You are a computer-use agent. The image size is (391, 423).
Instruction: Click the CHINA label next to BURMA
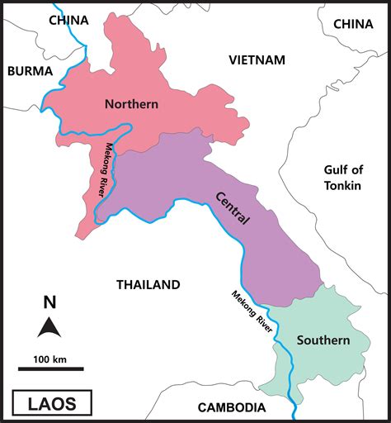coord(68,20)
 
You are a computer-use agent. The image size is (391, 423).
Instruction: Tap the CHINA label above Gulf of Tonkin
coord(353,24)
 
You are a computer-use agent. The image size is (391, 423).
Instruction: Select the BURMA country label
coord(30,71)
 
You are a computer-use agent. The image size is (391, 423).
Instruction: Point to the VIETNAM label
coord(257,59)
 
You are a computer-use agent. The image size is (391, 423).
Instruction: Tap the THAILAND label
coord(148,285)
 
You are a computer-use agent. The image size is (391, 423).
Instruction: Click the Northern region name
coord(131,103)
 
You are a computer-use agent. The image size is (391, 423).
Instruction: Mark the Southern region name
coord(323,340)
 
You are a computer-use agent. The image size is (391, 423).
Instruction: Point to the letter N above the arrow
coord(49,302)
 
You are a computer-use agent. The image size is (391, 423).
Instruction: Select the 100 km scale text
coord(50,359)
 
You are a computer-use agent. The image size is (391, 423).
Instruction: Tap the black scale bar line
coord(50,369)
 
